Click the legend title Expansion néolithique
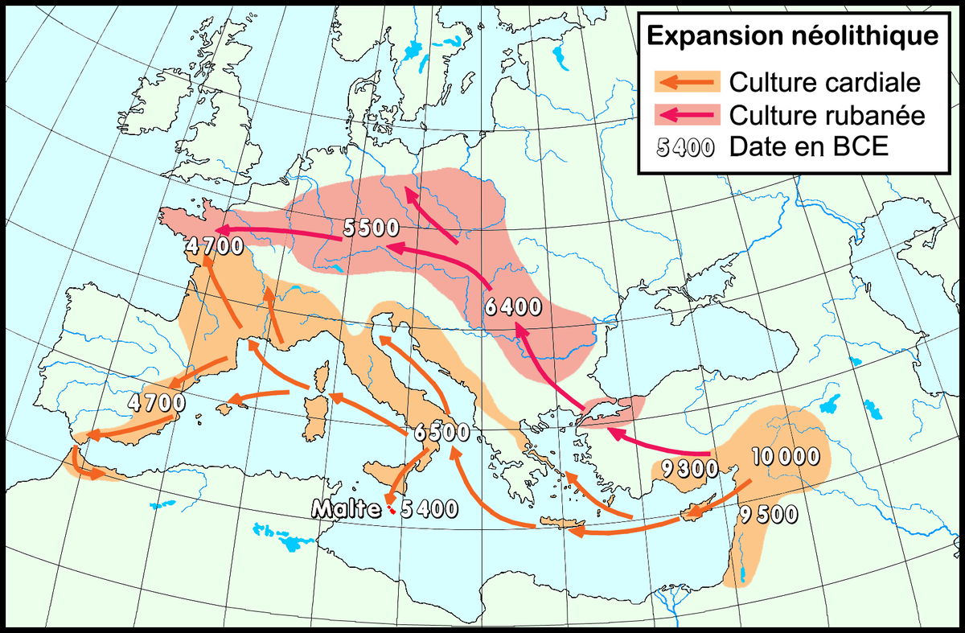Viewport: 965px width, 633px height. click(x=792, y=36)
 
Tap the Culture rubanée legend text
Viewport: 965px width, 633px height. click(x=827, y=116)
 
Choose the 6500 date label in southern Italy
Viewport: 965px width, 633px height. click(x=441, y=432)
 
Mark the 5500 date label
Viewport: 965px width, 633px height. click(x=371, y=228)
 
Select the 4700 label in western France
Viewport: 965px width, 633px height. click(x=214, y=245)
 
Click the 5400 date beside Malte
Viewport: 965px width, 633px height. click(x=428, y=508)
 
